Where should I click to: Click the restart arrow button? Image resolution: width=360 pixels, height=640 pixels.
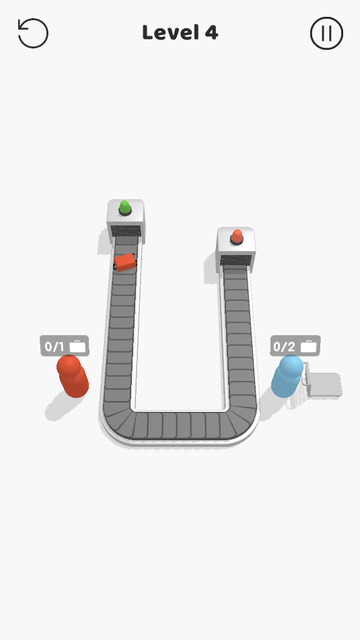click(x=33, y=33)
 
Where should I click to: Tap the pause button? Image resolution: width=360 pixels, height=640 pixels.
click(x=326, y=33)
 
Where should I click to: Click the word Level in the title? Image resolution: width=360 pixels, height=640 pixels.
click(x=171, y=32)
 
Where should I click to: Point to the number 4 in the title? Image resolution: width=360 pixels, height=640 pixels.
click(x=211, y=33)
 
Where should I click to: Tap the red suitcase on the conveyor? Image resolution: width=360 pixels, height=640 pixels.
click(x=125, y=262)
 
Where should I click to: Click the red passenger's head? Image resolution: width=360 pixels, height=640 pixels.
click(x=69, y=366)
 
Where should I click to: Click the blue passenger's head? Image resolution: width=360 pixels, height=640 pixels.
click(x=291, y=367)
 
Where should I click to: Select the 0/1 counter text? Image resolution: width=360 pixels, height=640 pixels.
click(x=55, y=347)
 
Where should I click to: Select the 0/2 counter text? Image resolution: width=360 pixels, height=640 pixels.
click(x=284, y=347)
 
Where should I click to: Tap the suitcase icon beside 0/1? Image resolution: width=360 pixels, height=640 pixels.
click(x=77, y=347)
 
